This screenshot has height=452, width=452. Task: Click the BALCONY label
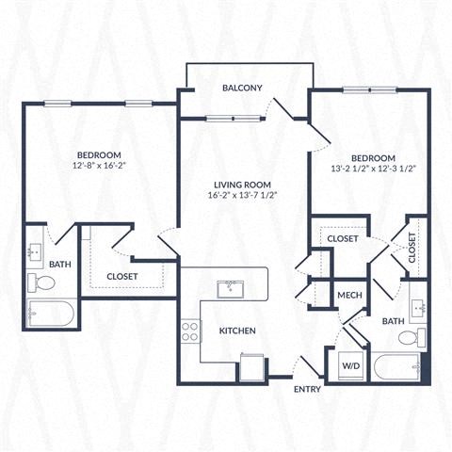pyautogui.click(x=242, y=88)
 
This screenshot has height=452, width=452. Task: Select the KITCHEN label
pyautogui.click(x=239, y=331)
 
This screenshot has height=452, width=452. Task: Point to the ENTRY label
pyautogui.click(x=307, y=388)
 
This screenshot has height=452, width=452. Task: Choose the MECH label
pyautogui.click(x=350, y=296)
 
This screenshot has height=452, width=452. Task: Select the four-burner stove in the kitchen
pyautogui.click(x=190, y=331)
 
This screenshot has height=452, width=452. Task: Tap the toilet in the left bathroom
pyautogui.click(x=42, y=282)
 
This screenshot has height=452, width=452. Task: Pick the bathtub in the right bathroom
pyautogui.click(x=395, y=367)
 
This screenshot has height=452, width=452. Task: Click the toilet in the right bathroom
pyautogui.click(x=419, y=336)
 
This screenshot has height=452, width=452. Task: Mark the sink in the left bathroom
pyautogui.click(x=35, y=251)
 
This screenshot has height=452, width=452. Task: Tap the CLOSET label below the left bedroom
pyautogui.click(x=123, y=276)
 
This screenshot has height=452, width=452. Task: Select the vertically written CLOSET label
pyautogui.click(x=412, y=247)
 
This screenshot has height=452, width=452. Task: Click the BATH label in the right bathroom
pyautogui.click(x=393, y=322)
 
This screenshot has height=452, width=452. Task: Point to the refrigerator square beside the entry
pyautogui.click(x=252, y=365)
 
